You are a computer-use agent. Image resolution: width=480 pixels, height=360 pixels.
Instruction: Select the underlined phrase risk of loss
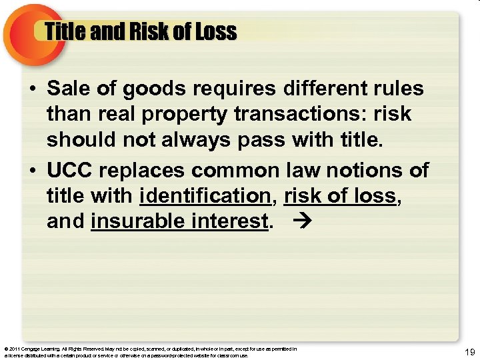pos(339,196)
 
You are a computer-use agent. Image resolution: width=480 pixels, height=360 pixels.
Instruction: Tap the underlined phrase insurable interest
pos(179,221)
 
